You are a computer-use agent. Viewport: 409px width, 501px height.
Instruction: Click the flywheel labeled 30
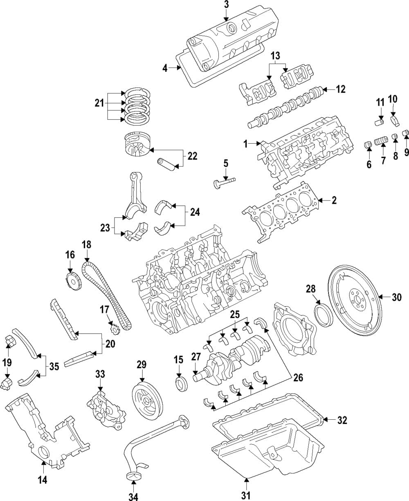point(354,298)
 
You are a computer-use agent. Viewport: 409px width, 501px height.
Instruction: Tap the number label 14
point(43,480)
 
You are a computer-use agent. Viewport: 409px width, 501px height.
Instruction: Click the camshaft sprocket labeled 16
point(72,282)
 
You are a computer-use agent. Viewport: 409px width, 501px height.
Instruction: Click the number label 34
point(134,497)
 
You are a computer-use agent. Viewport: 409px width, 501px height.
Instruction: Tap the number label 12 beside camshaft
point(340,89)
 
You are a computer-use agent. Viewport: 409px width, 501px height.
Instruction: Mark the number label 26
point(298,378)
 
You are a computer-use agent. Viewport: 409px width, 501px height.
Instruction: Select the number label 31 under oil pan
point(245,496)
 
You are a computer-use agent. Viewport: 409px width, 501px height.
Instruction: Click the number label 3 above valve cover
point(226,5)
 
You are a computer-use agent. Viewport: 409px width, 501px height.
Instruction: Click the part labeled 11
point(379,122)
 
